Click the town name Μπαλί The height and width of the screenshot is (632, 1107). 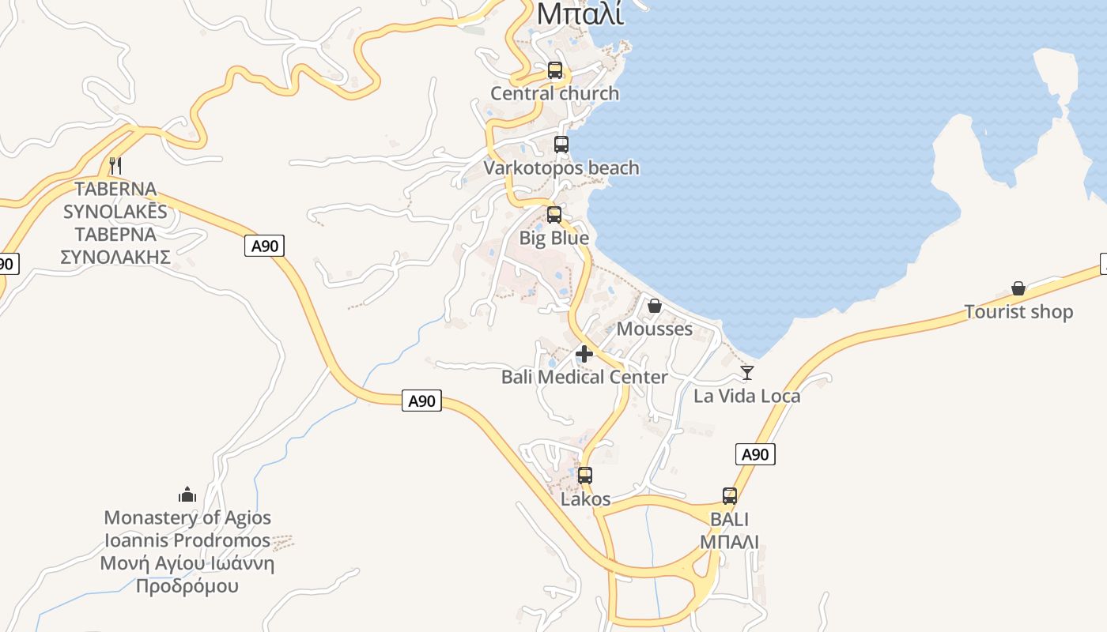tap(580, 13)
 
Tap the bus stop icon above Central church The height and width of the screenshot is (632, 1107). tap(555, 70)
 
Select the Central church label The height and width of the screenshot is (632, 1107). tap(554, 93)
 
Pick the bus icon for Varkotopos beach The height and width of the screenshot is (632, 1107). tap(561, 145)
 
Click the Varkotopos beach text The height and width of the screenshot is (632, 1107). tap(561, 168)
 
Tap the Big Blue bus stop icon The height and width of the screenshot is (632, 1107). tap(554, 215)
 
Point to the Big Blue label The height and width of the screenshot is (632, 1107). tap(553, 238)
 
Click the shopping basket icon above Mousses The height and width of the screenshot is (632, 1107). tap(655, 306)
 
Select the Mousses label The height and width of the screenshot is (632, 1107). tap(655, 329)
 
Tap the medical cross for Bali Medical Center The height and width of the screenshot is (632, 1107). tap(584, 354)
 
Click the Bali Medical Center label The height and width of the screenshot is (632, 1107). tap(584, 377)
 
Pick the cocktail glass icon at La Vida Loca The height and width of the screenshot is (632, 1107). tap(747, 373)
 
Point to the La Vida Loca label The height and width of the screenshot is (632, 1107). tap(746, 396)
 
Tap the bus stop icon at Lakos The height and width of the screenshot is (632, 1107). tap(585, 476)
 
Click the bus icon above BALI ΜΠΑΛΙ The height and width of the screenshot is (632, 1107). tap(730, 496)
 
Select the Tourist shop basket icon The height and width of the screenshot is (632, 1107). tap(1018, 289)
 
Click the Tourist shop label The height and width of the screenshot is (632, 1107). tap(1018, 312)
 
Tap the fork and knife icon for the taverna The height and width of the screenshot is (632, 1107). tap(115, 166)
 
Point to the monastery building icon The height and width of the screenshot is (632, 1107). tap(187, 495)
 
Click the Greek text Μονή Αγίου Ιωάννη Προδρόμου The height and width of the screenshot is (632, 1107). tap(187, 575)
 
